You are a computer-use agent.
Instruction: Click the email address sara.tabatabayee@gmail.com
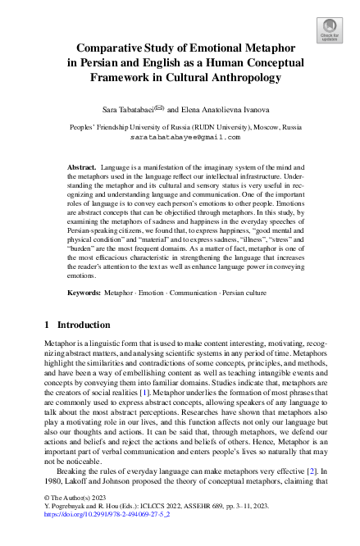(x=179, y=138)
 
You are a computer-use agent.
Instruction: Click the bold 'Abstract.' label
(x=83, y=166)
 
